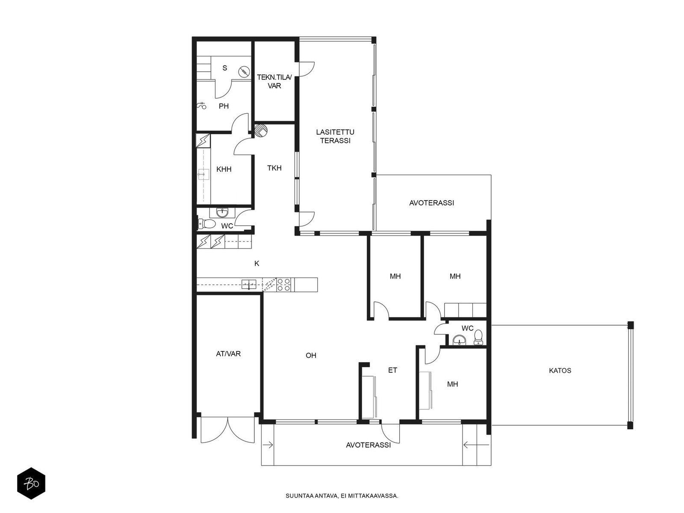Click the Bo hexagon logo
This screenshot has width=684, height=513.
(31, 484)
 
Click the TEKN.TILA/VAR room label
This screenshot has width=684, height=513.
(274, 81)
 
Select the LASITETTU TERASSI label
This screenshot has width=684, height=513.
(335, 136)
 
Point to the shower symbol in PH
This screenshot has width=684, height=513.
(202, 106)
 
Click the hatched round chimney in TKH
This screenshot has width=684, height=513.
(261, 130)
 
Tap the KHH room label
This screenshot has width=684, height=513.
(224, 169)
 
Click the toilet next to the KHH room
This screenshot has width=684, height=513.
(206, 224)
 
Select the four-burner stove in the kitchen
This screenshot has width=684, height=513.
(284, 285)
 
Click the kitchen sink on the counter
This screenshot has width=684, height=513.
(249, 284)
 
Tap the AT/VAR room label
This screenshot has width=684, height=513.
(228, 354)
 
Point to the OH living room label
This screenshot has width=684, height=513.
(311, 355)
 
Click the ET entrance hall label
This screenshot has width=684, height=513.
(392, 370)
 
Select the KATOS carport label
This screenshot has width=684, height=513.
(560, 371)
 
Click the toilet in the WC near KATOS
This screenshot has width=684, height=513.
(478, 337)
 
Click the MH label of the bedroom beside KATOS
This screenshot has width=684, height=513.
(452, 384)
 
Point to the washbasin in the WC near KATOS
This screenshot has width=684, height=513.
(459, 340)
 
